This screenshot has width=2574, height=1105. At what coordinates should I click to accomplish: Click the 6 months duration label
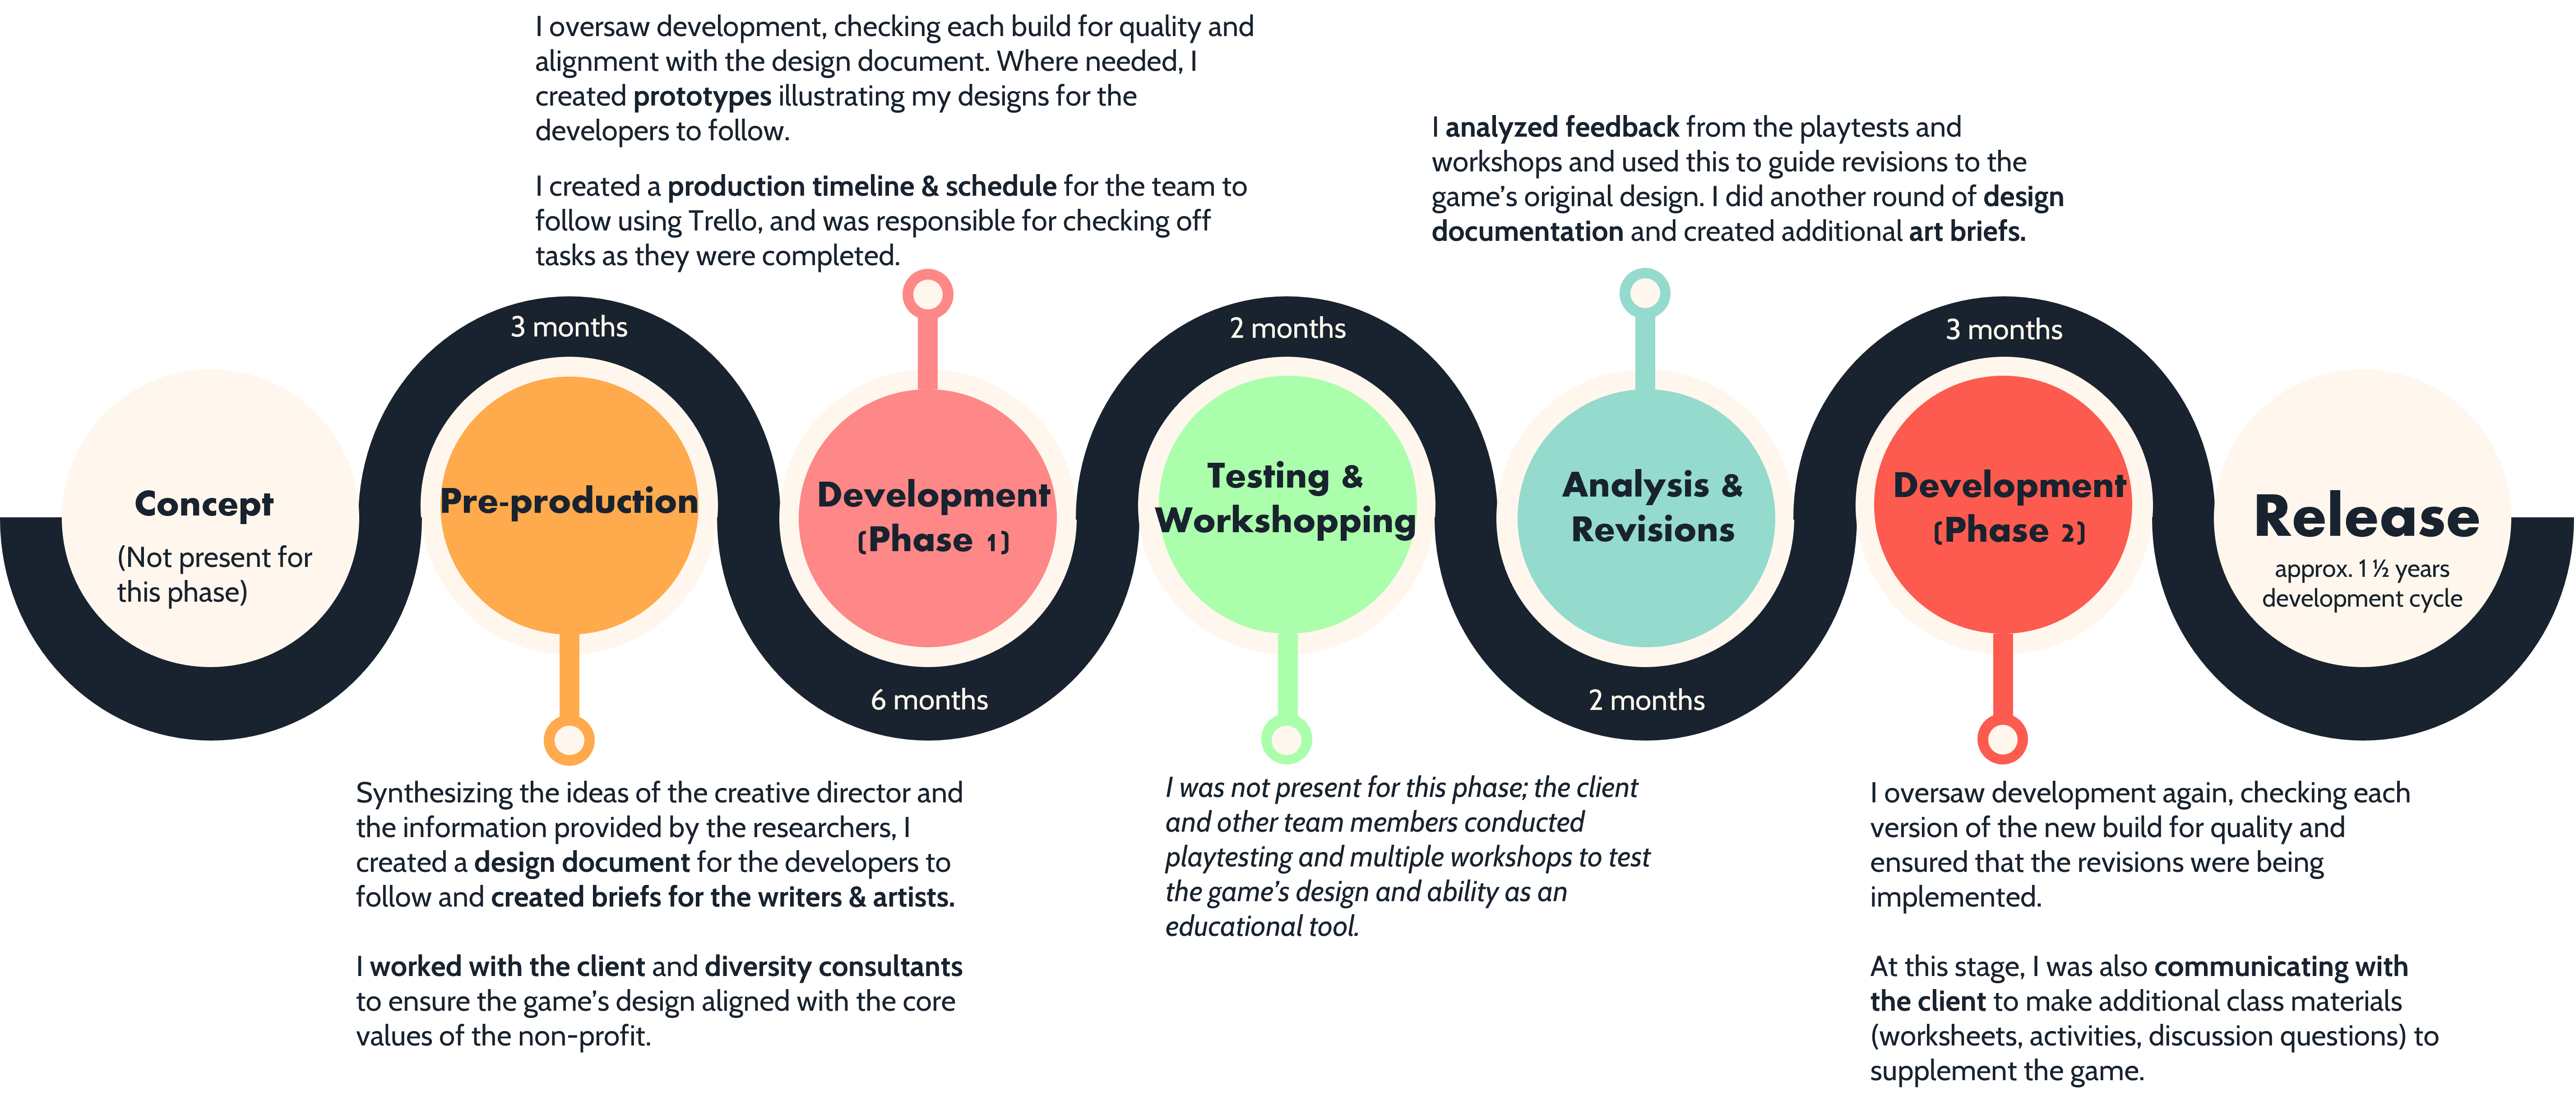[929, 700]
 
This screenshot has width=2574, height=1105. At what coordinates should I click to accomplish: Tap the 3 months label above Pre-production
[569, 327]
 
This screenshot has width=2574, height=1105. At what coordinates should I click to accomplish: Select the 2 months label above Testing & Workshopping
[1287, 328]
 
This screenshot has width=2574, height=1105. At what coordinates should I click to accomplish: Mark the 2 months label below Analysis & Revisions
[1647, 700]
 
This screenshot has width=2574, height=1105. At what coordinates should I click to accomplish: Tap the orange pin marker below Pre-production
[569, 740]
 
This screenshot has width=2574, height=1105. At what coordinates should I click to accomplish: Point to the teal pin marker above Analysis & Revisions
[1645, 294]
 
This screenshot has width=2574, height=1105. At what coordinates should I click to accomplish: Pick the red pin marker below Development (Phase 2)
[2002, 739]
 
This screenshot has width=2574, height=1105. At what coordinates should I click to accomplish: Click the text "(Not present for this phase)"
[214, 575]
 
